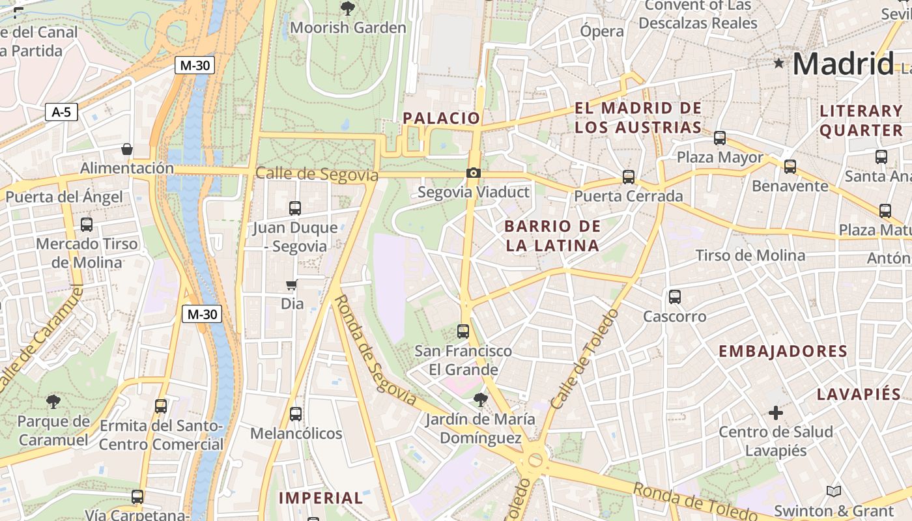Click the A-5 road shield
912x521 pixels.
click(61, 112)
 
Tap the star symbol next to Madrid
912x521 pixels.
click(778, 63)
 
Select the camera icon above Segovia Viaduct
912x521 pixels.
click(474, 173)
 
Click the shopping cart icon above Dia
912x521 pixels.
click(292, 285)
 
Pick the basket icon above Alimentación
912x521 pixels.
click(127, 149)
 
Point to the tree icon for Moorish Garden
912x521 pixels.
click(348, 8)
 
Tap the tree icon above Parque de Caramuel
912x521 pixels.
click(53, 401)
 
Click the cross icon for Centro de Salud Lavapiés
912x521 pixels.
click(775, 412)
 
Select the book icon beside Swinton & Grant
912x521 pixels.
click(834, 491)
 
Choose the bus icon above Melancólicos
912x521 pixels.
click(296, 414)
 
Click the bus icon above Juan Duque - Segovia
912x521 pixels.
click(295, 208)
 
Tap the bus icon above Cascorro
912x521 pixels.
click(675, 297)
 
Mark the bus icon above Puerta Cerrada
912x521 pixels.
click(629, 176)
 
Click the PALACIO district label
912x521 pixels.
click(441, 118)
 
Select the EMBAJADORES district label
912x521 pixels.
click(782, 352)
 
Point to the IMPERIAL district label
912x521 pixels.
click(321, 498)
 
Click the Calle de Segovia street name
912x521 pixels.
click(317, 175)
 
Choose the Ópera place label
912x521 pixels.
click(602, 31)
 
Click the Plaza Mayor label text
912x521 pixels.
click(720, 158)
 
